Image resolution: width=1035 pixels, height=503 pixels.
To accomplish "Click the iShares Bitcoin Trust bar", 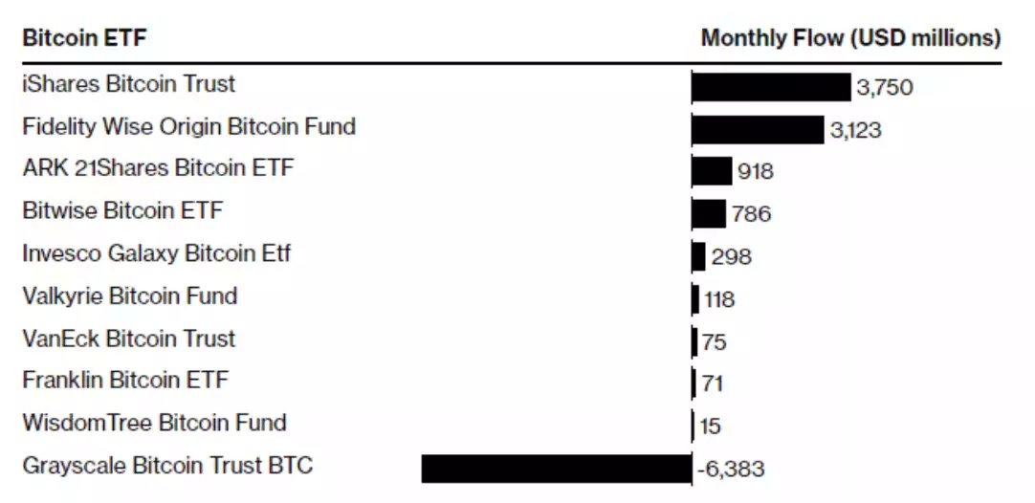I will coord(771,86).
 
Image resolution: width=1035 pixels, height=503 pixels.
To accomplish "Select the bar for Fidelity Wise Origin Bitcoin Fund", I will coord(758,129).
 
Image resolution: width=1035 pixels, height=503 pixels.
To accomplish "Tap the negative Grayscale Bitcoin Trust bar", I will coord(556,469).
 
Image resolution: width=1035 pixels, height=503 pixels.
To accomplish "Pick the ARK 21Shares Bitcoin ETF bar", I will coord(712,171).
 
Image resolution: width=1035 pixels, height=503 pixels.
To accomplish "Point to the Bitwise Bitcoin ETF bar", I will coord(709,213).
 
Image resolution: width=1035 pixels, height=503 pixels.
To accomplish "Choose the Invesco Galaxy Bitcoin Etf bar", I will coord(699,256).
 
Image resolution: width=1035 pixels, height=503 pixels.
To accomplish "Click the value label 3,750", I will coord(885,88).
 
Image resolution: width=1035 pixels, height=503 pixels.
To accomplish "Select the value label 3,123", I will coord(855,130).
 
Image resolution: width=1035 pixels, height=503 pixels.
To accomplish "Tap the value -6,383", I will coord(730,470).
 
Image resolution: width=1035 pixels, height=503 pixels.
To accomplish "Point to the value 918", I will coord(756,172).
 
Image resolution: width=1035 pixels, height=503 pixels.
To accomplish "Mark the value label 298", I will coord(732,257).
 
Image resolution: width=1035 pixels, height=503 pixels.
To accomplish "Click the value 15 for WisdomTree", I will coord(710,426).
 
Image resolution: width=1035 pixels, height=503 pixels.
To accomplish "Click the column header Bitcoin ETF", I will coord(84,38).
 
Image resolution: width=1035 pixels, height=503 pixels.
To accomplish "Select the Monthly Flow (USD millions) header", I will coord(850,38).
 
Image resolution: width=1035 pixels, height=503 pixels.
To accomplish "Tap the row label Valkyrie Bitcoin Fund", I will coord(129,296).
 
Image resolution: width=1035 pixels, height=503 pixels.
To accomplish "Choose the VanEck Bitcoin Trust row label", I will coord(128,339).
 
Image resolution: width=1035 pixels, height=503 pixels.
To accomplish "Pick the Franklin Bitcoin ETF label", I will coord(125,381).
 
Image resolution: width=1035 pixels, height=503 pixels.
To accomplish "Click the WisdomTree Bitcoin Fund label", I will coord(154,423).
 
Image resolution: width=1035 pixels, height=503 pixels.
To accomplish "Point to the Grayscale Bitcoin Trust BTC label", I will coord(167,466).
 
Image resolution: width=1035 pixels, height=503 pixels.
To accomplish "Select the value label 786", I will coord(751,214).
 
